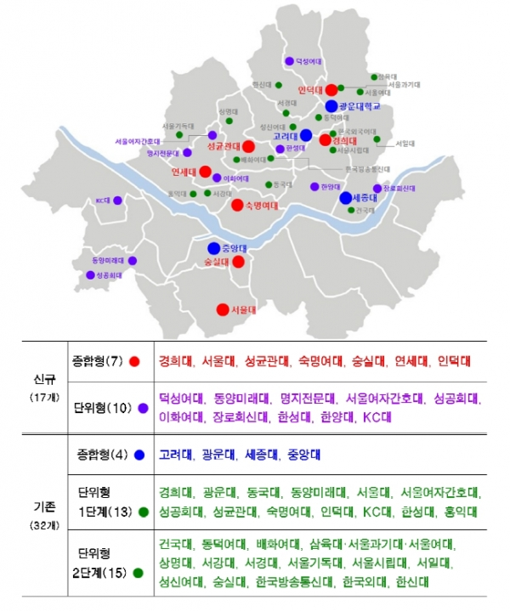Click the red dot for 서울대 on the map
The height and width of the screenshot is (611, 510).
tap(223, 309)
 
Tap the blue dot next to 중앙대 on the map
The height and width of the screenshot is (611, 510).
tap(213, 248)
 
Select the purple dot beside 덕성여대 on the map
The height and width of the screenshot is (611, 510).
tap(289, 61)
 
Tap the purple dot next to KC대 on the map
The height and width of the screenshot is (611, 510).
tap(118, 201)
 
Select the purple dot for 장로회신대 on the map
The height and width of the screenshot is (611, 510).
tap(377, 188)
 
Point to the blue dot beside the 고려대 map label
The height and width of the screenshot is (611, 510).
tap(306, 135)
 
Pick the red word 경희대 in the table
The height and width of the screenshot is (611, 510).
tap(174, 361)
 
